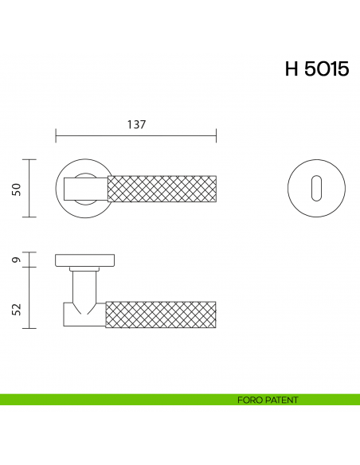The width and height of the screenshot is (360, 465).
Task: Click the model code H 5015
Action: coord(316,69)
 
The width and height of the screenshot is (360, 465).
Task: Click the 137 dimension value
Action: coord(136,125)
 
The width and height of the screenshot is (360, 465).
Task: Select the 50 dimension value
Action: coord(14,188)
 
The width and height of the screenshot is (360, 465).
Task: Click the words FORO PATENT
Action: coord(268,400)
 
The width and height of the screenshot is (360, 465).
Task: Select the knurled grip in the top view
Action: coord(161,188)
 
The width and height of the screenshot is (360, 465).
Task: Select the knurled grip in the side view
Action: coord(161,314)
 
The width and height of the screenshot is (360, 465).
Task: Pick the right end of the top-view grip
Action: coord(214,188)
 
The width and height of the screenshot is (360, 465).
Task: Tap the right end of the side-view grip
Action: coord(214,314)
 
